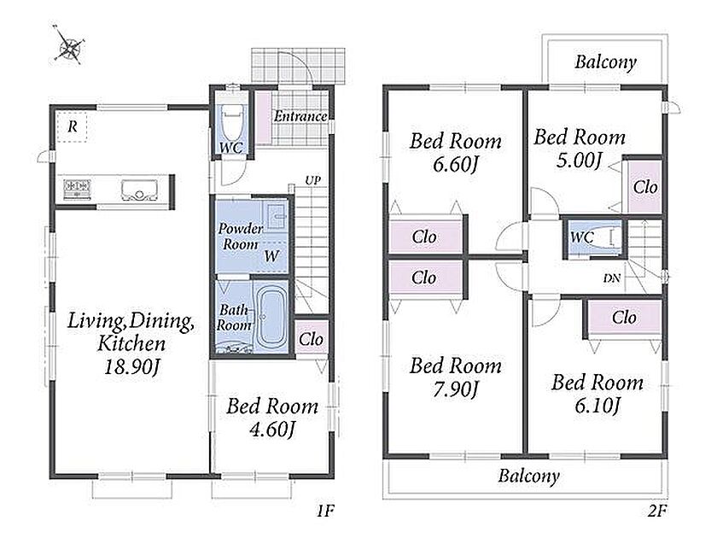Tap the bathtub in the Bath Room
(x=271, y=317)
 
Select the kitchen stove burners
(x=77, y=187)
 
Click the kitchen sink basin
(x=139, y=190)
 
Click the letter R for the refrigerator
(x=73, y=126)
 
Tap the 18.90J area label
(x=132, y=367)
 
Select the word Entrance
(x=300, y=116)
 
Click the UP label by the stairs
(x=312, y=181)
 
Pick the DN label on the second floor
(x=612, y=278)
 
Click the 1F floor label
(x=326, y=511)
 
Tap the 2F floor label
(x=657, y=511)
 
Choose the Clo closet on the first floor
(x=311, y=338)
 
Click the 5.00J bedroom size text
(x=579, y=161)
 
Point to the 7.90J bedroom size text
(x=456, y=389)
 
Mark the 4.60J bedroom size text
(x=272, y=430)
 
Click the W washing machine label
(x=271, y=255)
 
